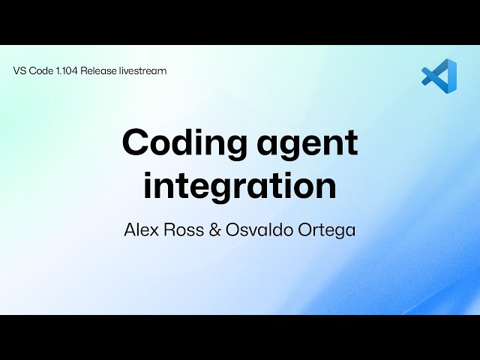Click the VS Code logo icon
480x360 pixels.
tap(439, 77)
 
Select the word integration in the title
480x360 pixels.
tap(240, 187)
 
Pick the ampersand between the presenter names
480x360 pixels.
tap(215, 229)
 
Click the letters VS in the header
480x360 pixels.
tap(19, 71)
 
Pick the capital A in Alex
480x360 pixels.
tap(130, 229)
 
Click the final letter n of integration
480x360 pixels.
tap(326, 189)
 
